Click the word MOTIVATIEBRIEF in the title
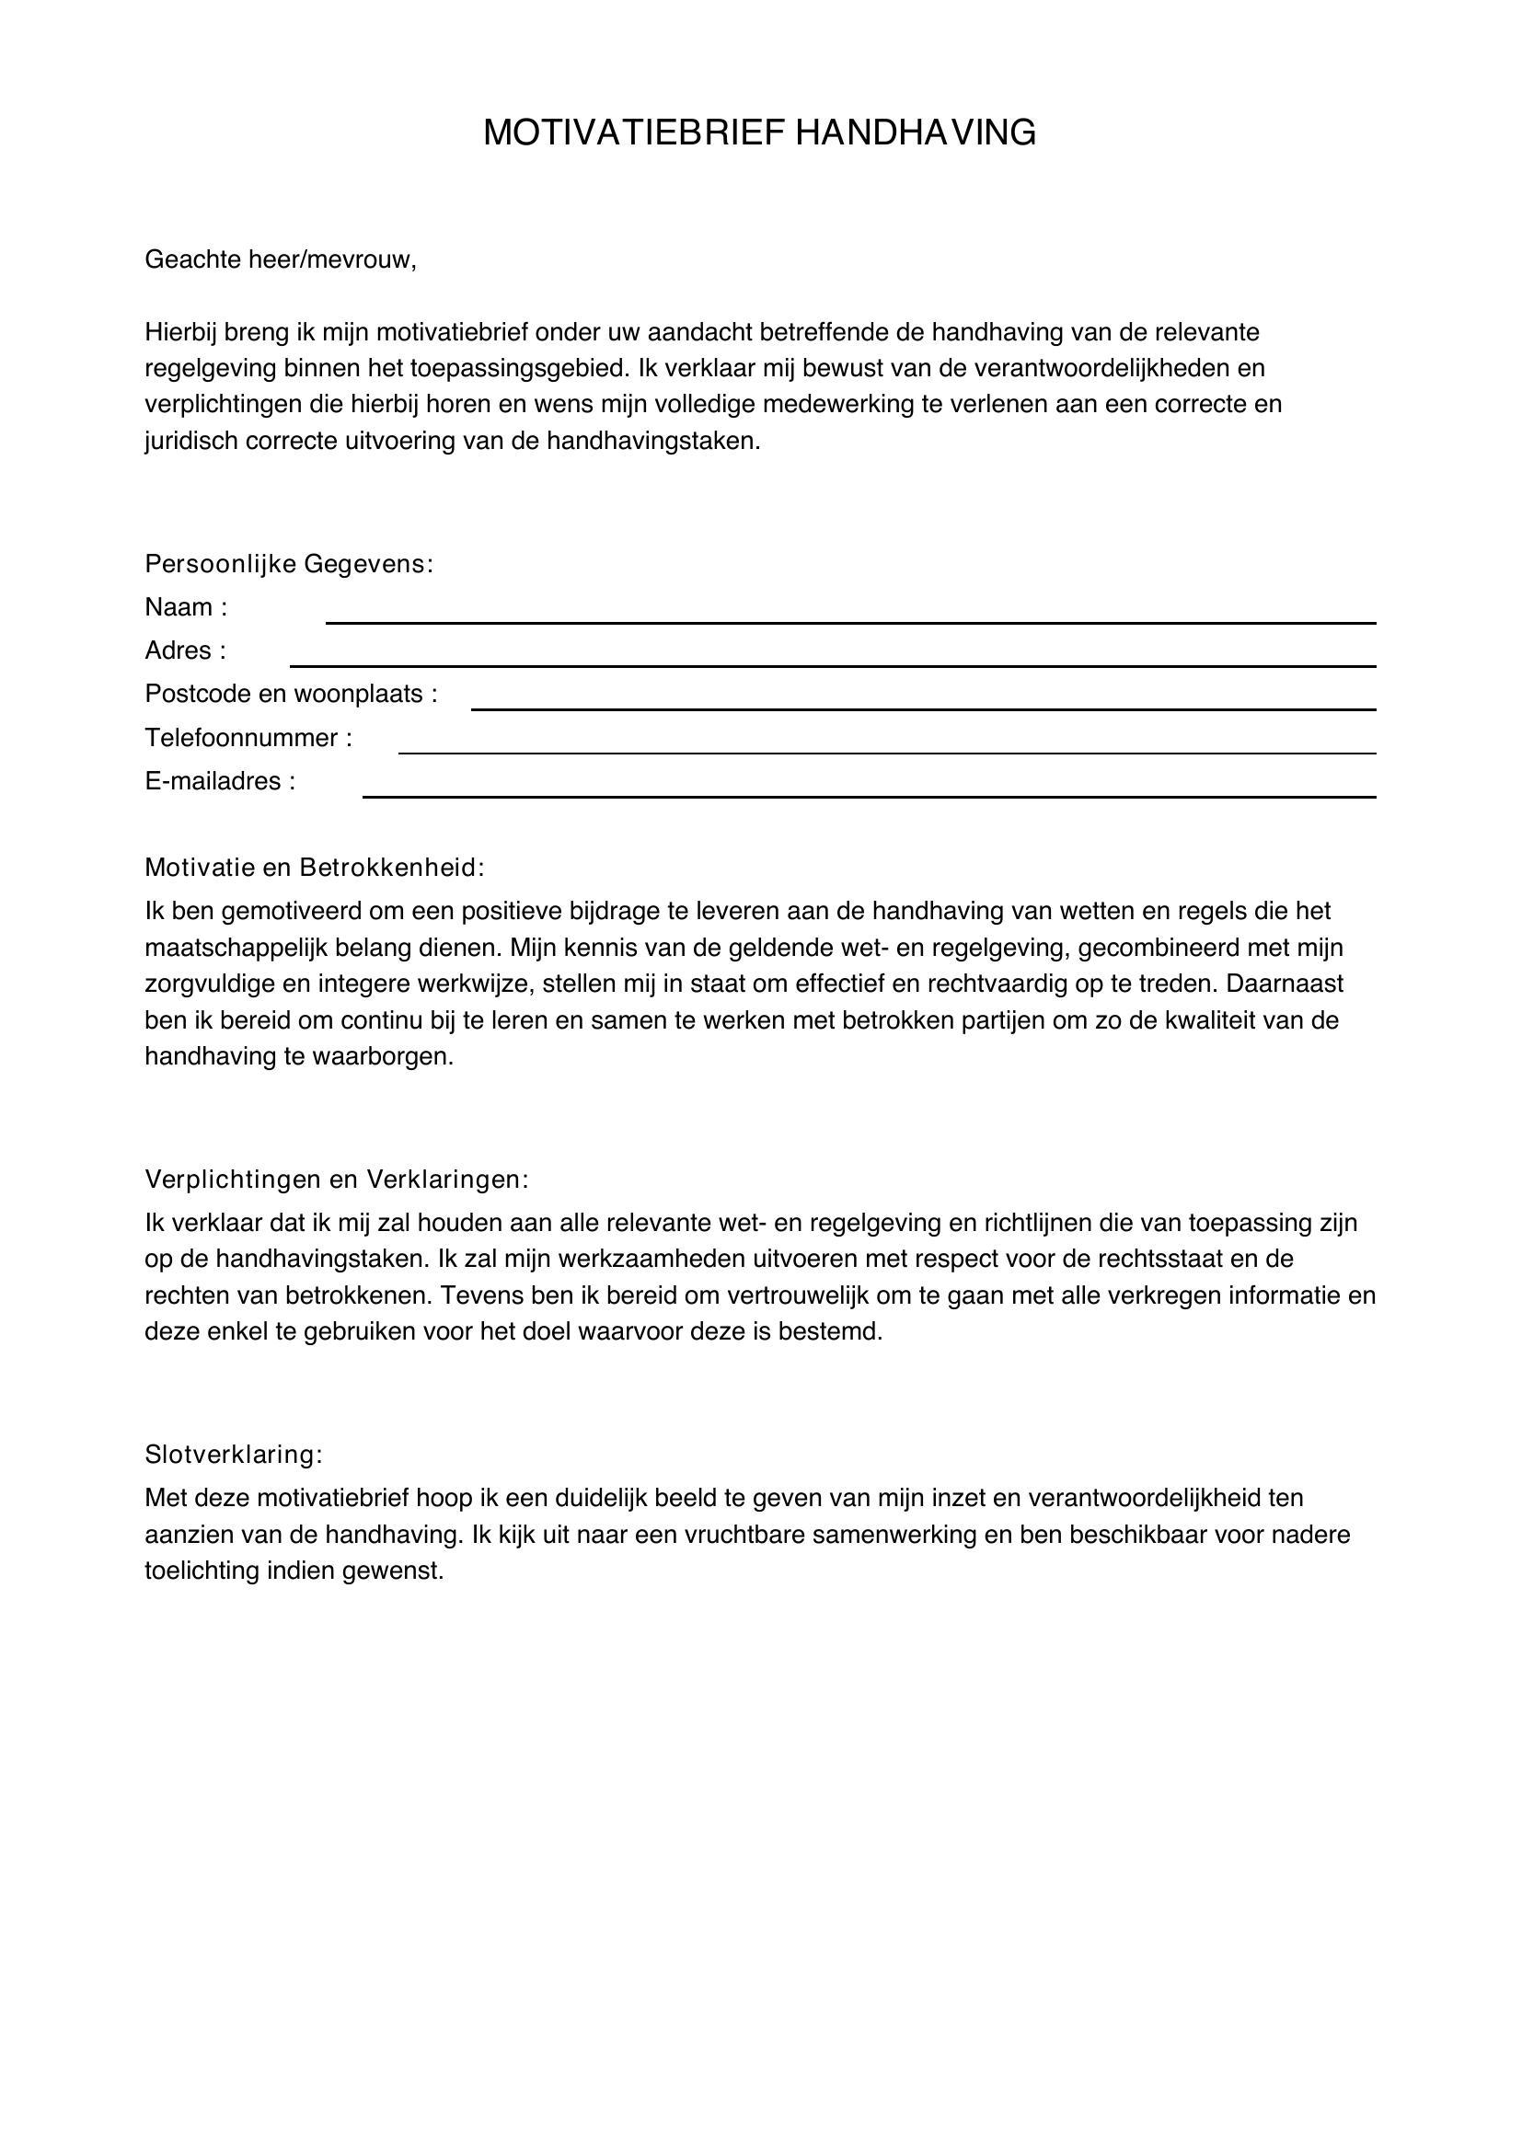pyautogui.click(x=635, y=133)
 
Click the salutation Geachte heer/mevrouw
pyautogui.click(x=280, y=259)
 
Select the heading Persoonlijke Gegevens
pyautogui.click(x=289, y=564)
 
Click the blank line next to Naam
pyautogui.click(x=849, y=619)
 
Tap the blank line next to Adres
pyautogui.click(x=831, y=662)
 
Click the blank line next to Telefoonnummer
pyautogui.click(x=886, y=750)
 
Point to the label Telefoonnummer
pyautogui.click(x=248, y=739)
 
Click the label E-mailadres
pyautogui.click(x=219, y=782)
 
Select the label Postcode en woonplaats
pyautogui.click(x=291, y=695)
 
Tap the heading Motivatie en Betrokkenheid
pyautogui.click(x=314, y=868)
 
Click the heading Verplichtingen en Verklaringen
pyautogui.click(x=337, y=1180)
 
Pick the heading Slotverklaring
pyautogui.click(x=234, y=1455)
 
